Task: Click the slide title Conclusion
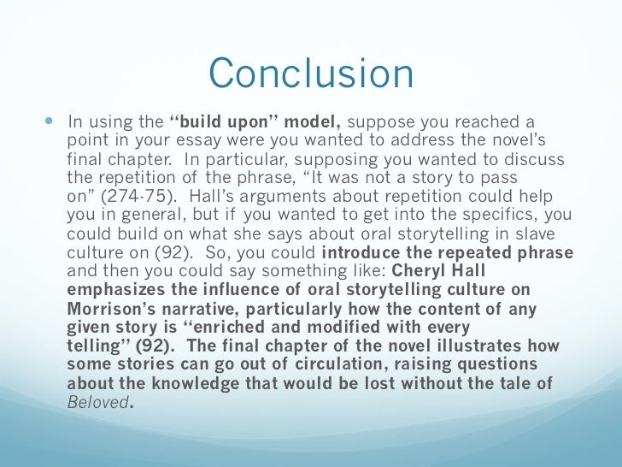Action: click(x=311, y=74)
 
